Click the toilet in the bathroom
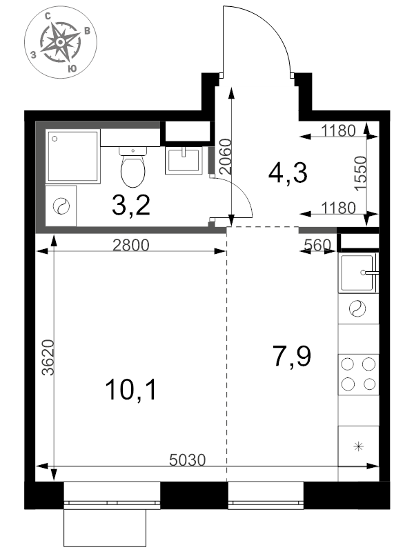coord(132,167)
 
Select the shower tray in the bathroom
coord(73,156)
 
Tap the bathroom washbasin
coord(184,161)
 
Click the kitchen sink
coord(358,273)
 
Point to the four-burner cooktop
coord(358,375)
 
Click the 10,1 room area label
coord(131,390)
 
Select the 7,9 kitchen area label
coord(292,356)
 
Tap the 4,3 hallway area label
coord(288,172)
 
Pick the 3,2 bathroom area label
coord(131,205)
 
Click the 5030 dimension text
coord(187,460)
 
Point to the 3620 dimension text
coord(48,357)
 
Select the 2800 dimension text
coord(131,245)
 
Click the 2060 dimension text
coord(226,157)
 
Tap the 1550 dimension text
coord(361,174)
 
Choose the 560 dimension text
coord(317,245)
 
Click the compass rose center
coord(61,42)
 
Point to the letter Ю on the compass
coord(72,68)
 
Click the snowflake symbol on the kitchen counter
coord(358,446)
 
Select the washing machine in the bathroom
coord(61,206)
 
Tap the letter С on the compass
coord(48,16)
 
